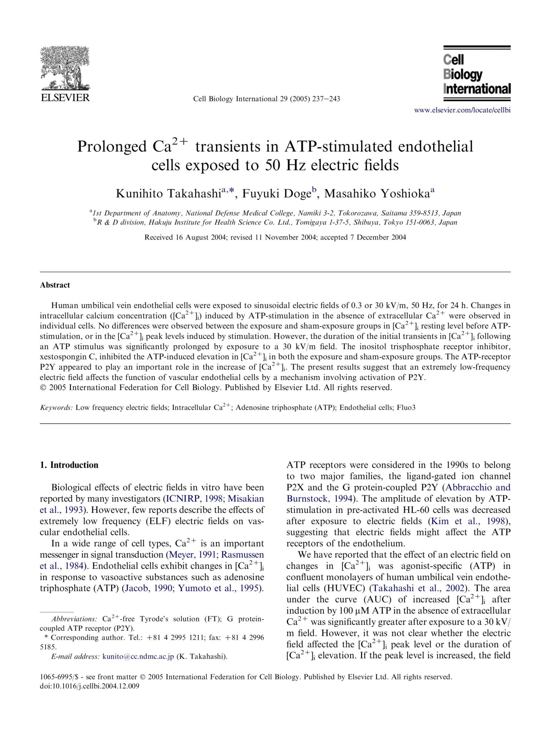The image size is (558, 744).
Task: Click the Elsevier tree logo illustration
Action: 65,68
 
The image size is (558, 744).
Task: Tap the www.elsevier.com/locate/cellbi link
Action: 462,110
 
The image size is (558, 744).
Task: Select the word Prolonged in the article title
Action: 112,147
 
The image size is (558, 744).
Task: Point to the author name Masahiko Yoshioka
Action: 377,194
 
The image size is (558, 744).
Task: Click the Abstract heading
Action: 55,285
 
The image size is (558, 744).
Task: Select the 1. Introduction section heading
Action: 69,465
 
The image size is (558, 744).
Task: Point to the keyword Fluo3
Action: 406,408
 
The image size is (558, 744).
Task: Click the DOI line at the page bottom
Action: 89,686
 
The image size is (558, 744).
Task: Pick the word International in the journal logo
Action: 477,89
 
